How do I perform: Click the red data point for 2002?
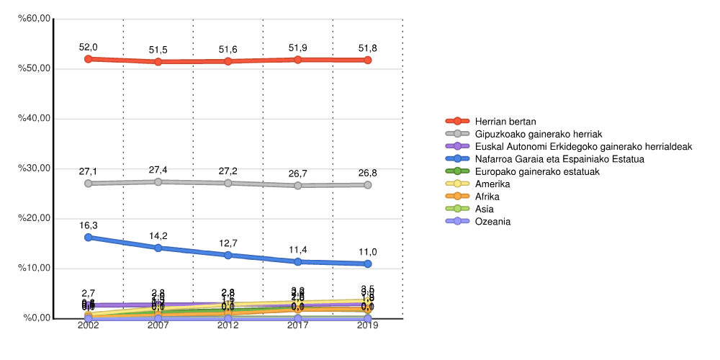[x=89, y=59]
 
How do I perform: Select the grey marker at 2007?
[x=158, y=182]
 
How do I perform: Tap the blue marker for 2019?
[x=367, y=264]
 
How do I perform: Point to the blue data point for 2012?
[x=228, y=255]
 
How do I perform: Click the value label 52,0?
[x=89, y=48]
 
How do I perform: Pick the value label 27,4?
[x=158, y=170]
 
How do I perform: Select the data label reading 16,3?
[x=89, y=225]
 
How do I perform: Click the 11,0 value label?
[x=367, y=252]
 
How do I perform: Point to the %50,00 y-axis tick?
[x=34, y=69]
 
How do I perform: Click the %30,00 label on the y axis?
[x=34, y=168]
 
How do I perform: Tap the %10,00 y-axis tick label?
[x=34, y=269]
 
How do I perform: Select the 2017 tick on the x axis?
[x=298, y=326]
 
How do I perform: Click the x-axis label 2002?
[x=89, y=326]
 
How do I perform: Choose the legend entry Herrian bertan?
[x=505, y=121]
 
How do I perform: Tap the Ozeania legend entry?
[x=492, y=222]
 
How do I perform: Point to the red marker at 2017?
[x=298, y=59]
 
